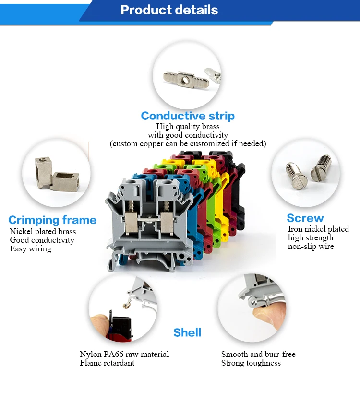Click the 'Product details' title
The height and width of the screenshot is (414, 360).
tap(169, 10)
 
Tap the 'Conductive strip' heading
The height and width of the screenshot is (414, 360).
tap(188, 116)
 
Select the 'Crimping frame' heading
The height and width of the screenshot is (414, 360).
tap(52, 220)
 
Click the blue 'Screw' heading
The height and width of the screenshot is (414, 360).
tap(305, 218)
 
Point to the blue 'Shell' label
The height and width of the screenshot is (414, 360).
tap(187, 332)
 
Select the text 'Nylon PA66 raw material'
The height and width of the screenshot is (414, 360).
tap(124, 355)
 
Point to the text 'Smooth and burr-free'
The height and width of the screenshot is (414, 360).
tap(258, 355)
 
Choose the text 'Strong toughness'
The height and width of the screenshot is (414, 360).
tap(251, 363)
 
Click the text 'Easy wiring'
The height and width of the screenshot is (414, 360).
tap(30, 249)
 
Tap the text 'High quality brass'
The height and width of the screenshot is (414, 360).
tap(188, 127)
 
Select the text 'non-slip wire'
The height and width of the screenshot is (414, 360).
tap(311, 247)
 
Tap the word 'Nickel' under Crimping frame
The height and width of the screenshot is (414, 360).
tap(20, 232)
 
